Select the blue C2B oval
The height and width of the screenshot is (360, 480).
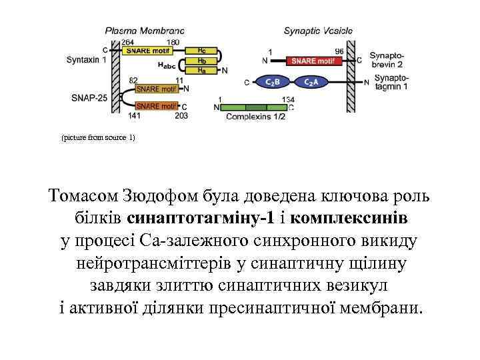273,82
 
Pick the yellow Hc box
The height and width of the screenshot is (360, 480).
201,51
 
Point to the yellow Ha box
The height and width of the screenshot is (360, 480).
201,69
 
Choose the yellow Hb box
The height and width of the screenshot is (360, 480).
201,60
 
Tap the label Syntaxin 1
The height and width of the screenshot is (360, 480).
86,59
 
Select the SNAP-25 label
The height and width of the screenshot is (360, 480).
87,97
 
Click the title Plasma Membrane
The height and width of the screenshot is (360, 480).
145,31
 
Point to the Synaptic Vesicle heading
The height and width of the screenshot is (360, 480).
318,31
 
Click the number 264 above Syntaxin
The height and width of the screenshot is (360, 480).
127,42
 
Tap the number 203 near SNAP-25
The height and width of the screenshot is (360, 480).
181,115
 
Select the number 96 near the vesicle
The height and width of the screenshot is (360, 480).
339,51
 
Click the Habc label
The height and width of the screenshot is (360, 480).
168,65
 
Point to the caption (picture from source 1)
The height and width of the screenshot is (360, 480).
98,137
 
